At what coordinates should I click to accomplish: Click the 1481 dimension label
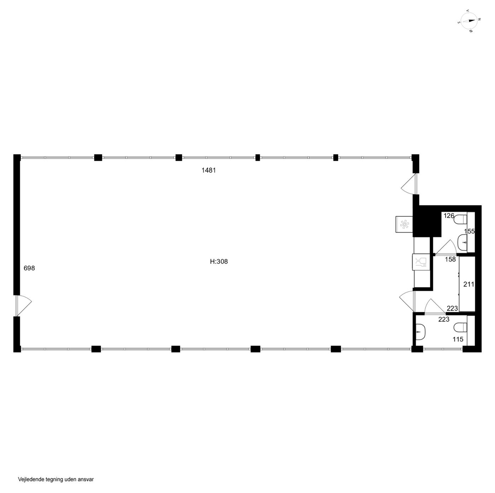click(x=208, y=170)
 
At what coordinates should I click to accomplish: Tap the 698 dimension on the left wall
click(x=29, y=268)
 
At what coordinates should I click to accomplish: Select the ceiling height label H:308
click(x=219, y=262)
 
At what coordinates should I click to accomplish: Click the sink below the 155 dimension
click(x=462, y=242)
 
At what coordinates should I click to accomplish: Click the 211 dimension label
click(x=468, y=284)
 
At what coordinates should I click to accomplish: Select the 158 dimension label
click(x=450, y=259)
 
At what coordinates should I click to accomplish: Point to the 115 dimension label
click(x=458, y=340)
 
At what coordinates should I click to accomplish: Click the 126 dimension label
click(x=449, y=216)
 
